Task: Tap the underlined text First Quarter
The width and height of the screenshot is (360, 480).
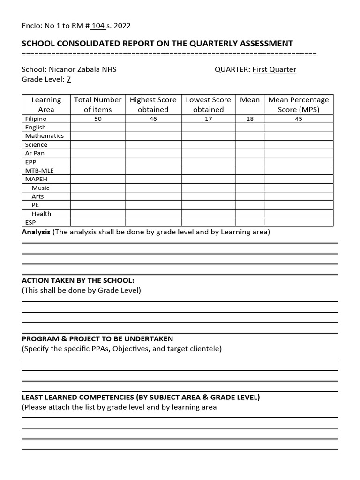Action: pyautogui.click(x=274, y=69)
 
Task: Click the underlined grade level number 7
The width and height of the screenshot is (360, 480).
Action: pyautogui.click(x=68, y=79)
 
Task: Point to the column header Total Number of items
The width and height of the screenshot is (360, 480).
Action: pyautogui.click(x=97, y=104)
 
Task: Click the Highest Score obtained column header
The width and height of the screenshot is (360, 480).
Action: pyautogui.click(x=153, y=104)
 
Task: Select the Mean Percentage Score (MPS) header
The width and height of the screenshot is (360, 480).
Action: pyautogui.click(x=299, y=104)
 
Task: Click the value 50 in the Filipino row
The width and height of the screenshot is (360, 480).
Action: pyautogui.click(x=97, y=119)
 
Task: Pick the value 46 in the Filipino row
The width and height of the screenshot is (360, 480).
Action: pyautogui.click(x=153, y=119)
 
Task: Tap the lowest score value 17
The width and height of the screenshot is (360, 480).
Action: pyautogui.click(x=208, y=119)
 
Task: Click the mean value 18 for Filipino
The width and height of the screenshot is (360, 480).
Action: pyautogui.click(x=250, y=119)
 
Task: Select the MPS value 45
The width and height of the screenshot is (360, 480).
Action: pyautogui.click(x=299, y=119)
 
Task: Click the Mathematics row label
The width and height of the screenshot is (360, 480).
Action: pyautogui.click(x=45, y=136)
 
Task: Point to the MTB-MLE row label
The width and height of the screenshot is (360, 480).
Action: pyautogui.click(x=39, y=171)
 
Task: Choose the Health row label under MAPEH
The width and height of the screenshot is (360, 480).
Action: pyautogui.click(x=41, y=214)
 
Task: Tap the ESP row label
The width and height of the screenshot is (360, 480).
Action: pyautogui.click(x=30, y=223)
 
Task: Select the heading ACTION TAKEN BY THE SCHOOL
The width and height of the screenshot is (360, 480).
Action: pyautogui.click(x=78, y=280)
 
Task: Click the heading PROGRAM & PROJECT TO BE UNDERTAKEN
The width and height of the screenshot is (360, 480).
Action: pyautogui.click(x=97, y=338)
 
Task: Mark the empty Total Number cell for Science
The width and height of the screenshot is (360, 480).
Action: pyautogui.click(x=97, y=145)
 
